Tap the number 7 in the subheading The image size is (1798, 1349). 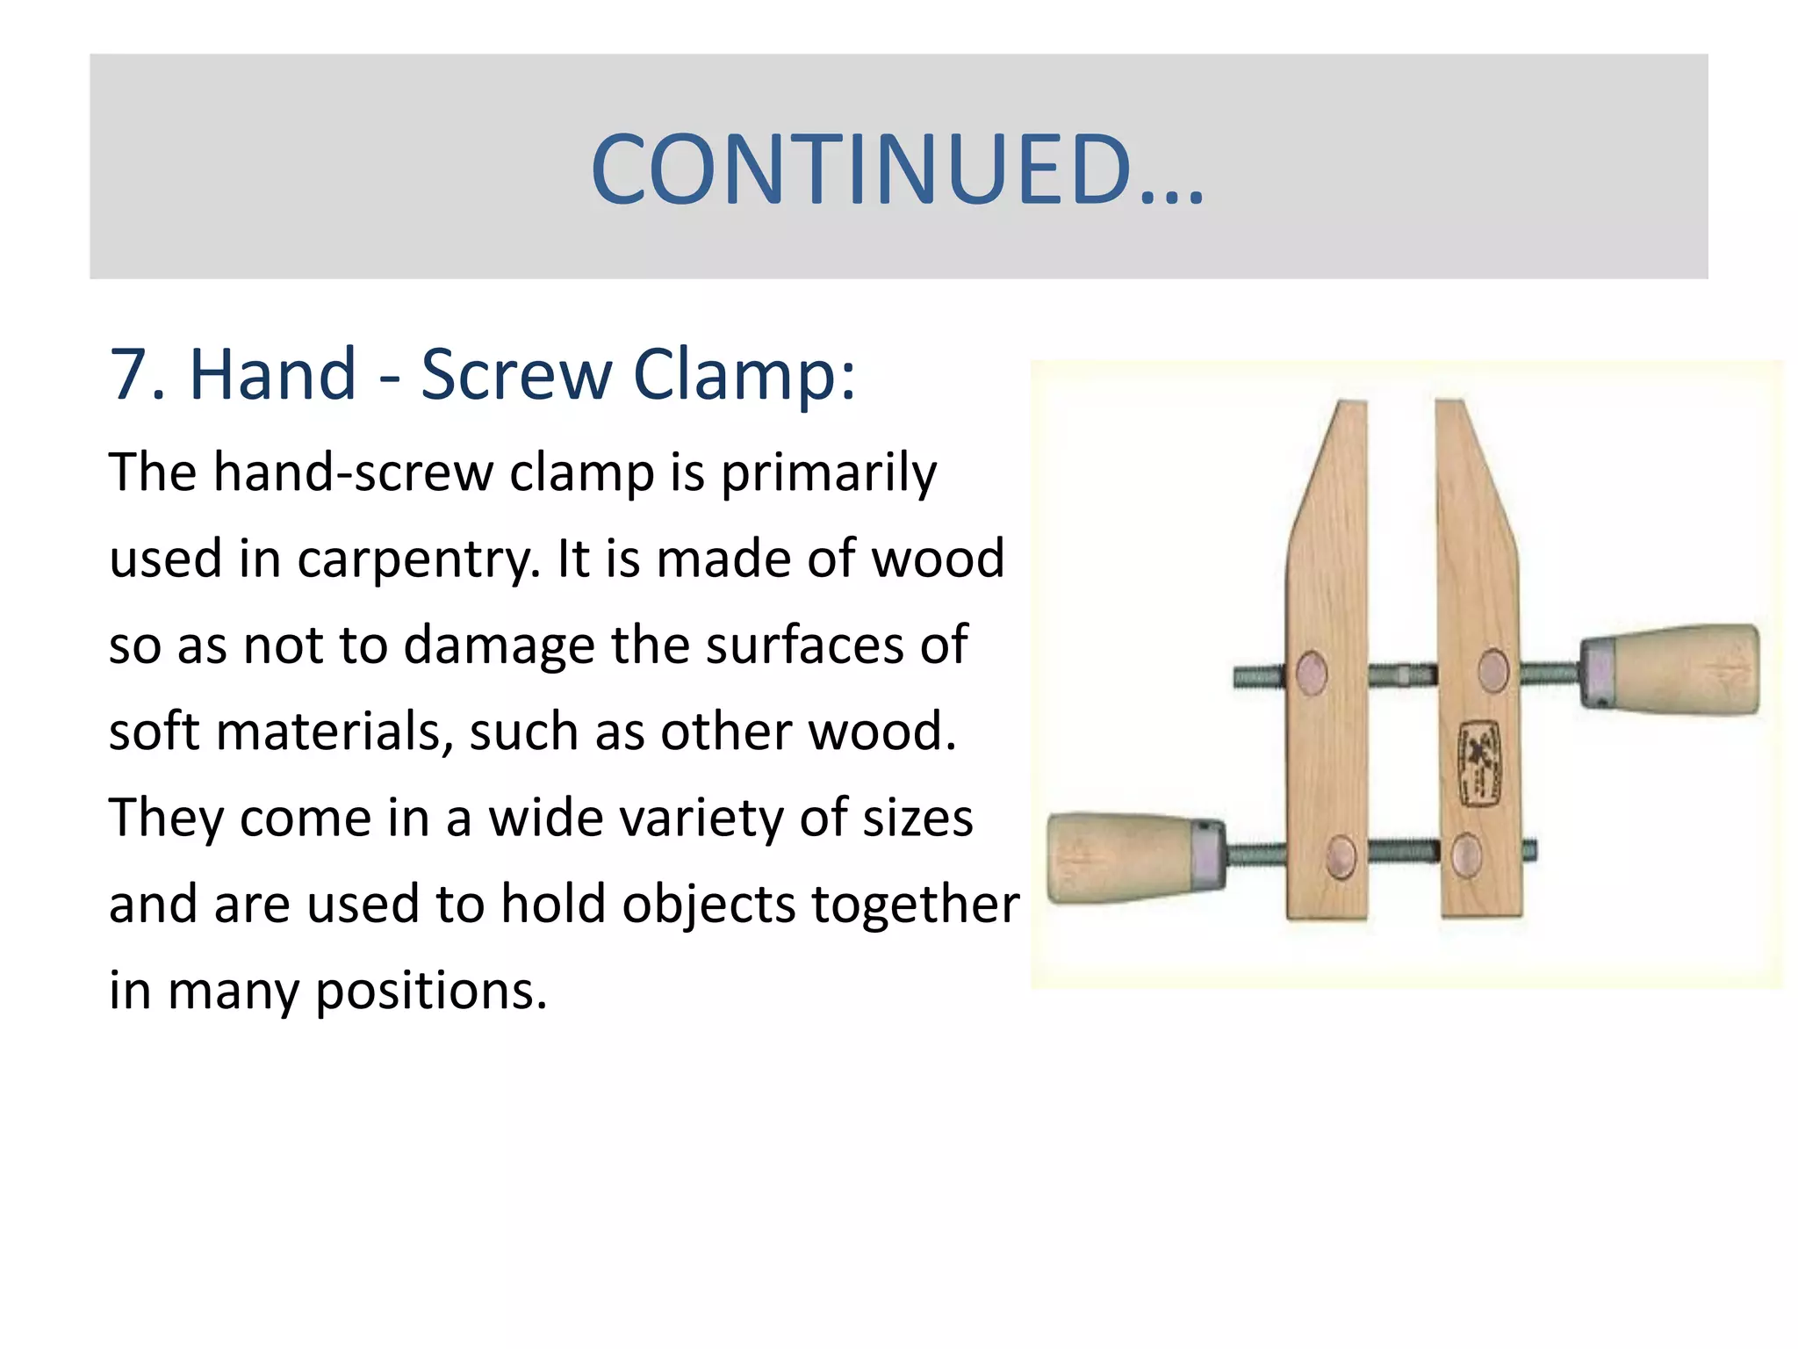128,375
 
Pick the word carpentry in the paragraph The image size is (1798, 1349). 418,559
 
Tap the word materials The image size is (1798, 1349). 334,732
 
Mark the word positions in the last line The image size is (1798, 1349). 430,991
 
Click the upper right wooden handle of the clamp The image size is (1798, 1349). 1672,669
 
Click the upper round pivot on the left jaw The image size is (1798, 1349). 1312,674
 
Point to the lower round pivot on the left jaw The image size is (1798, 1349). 1341,855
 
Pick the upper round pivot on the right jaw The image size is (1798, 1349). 1492,670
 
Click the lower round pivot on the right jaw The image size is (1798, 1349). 1466,854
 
